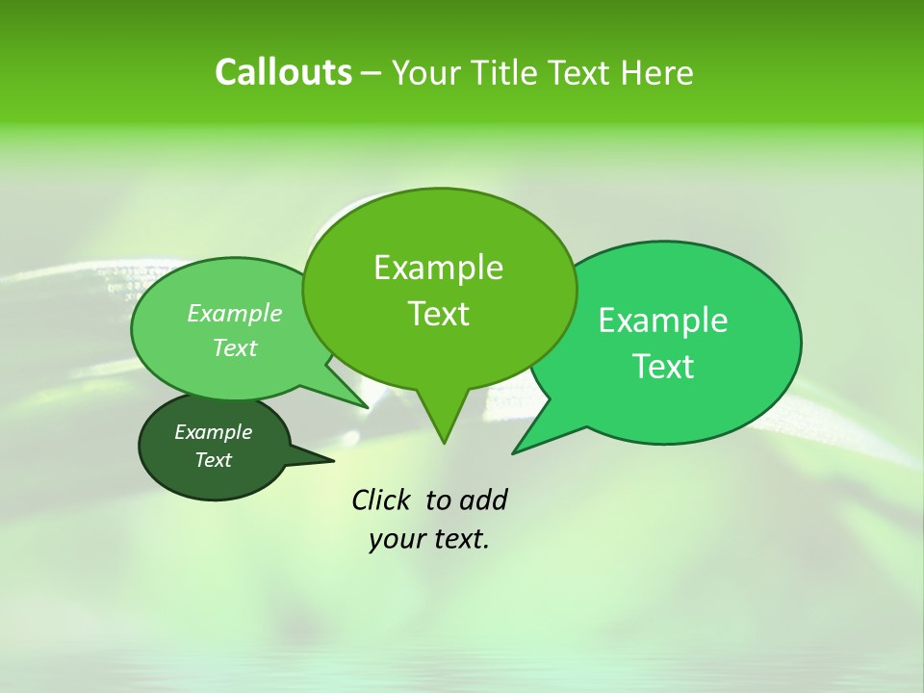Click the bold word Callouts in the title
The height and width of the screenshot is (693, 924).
283,72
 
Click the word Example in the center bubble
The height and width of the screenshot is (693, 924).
438,268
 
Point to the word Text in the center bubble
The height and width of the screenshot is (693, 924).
438,314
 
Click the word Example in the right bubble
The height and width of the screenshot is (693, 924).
663,321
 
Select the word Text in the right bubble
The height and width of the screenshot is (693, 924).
663,367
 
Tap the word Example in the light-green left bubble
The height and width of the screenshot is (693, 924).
235,313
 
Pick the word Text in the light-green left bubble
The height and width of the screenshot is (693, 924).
235,347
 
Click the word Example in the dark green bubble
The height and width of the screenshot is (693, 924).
213,432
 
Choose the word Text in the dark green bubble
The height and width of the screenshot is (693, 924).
213,460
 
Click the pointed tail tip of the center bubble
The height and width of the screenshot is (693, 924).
443,442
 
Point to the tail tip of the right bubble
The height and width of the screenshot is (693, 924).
514,451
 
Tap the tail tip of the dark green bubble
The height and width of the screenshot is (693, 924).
332,460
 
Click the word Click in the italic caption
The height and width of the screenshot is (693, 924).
383,500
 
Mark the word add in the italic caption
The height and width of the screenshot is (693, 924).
483,500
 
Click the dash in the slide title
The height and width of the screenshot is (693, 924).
372,73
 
